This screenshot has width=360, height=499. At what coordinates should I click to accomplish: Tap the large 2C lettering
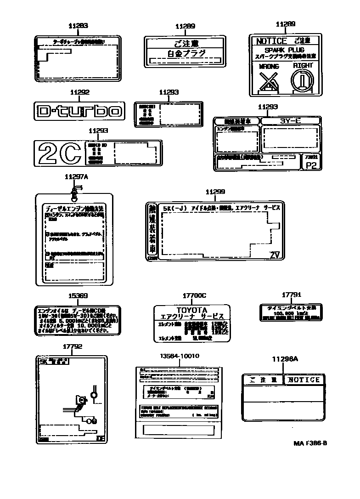coord(60,153)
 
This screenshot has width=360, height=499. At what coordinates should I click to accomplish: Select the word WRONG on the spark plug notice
coord(269,67)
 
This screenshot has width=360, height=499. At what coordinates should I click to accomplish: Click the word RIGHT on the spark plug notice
coord(303,66)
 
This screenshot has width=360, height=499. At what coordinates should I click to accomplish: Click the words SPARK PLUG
coord(285,50)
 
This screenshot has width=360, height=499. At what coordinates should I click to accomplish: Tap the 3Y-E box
coord(290,121)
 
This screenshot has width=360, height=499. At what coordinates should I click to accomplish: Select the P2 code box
coord(311,166)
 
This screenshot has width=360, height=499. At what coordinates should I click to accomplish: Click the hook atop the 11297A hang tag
coord(76,188)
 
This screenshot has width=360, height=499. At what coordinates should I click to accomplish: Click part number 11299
coord(215,192)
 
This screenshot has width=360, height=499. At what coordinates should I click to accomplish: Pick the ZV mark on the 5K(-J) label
coord(275,255)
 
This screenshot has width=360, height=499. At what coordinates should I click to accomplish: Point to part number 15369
coord(78,296)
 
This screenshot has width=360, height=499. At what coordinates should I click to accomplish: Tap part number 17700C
coord(191,297)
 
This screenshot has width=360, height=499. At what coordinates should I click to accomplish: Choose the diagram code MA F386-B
coord(310,443)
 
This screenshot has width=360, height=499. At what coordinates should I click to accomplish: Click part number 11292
coord(79,92)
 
